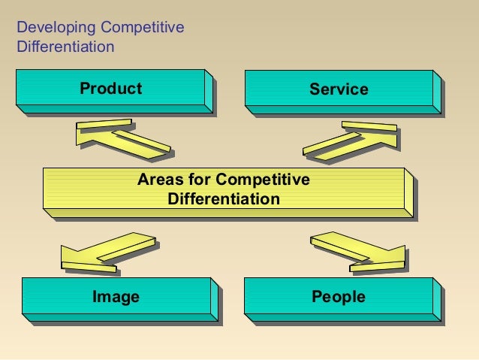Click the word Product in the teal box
tap(110, 89)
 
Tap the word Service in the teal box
tap(339, 89)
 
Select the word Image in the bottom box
tap(116, 297)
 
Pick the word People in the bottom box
tap(339, 297)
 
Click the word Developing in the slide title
tap(56, 29)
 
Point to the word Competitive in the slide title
tap(142, 29)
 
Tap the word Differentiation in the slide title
tap(65, 47)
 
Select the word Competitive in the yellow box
tap(262, 180)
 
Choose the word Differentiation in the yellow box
tap(224, 199)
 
